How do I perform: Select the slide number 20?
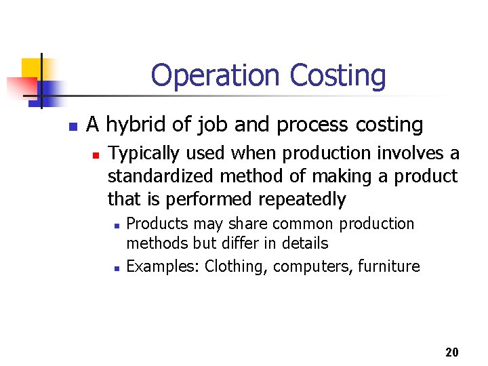coord(452,352)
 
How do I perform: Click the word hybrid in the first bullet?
coord(131,125)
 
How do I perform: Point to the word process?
coord(319,125)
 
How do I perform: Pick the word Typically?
coord(142,154)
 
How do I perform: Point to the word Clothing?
coord(237,266)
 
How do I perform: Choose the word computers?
coord(308,266)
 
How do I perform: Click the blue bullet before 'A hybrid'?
coord(72,126)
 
